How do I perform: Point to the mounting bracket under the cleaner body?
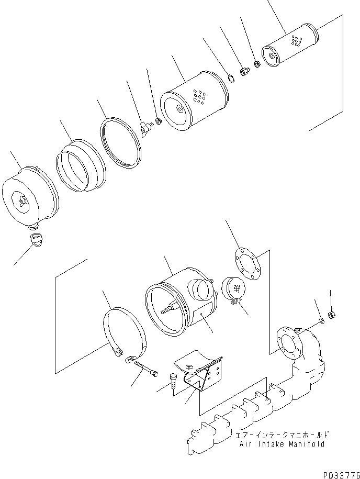pyautogui.click(x=201, y=372)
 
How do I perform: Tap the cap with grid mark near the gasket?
pyautogui.click(x=233, y=289)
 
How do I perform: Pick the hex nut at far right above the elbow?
pyautogui.click(x=331, y=315)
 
